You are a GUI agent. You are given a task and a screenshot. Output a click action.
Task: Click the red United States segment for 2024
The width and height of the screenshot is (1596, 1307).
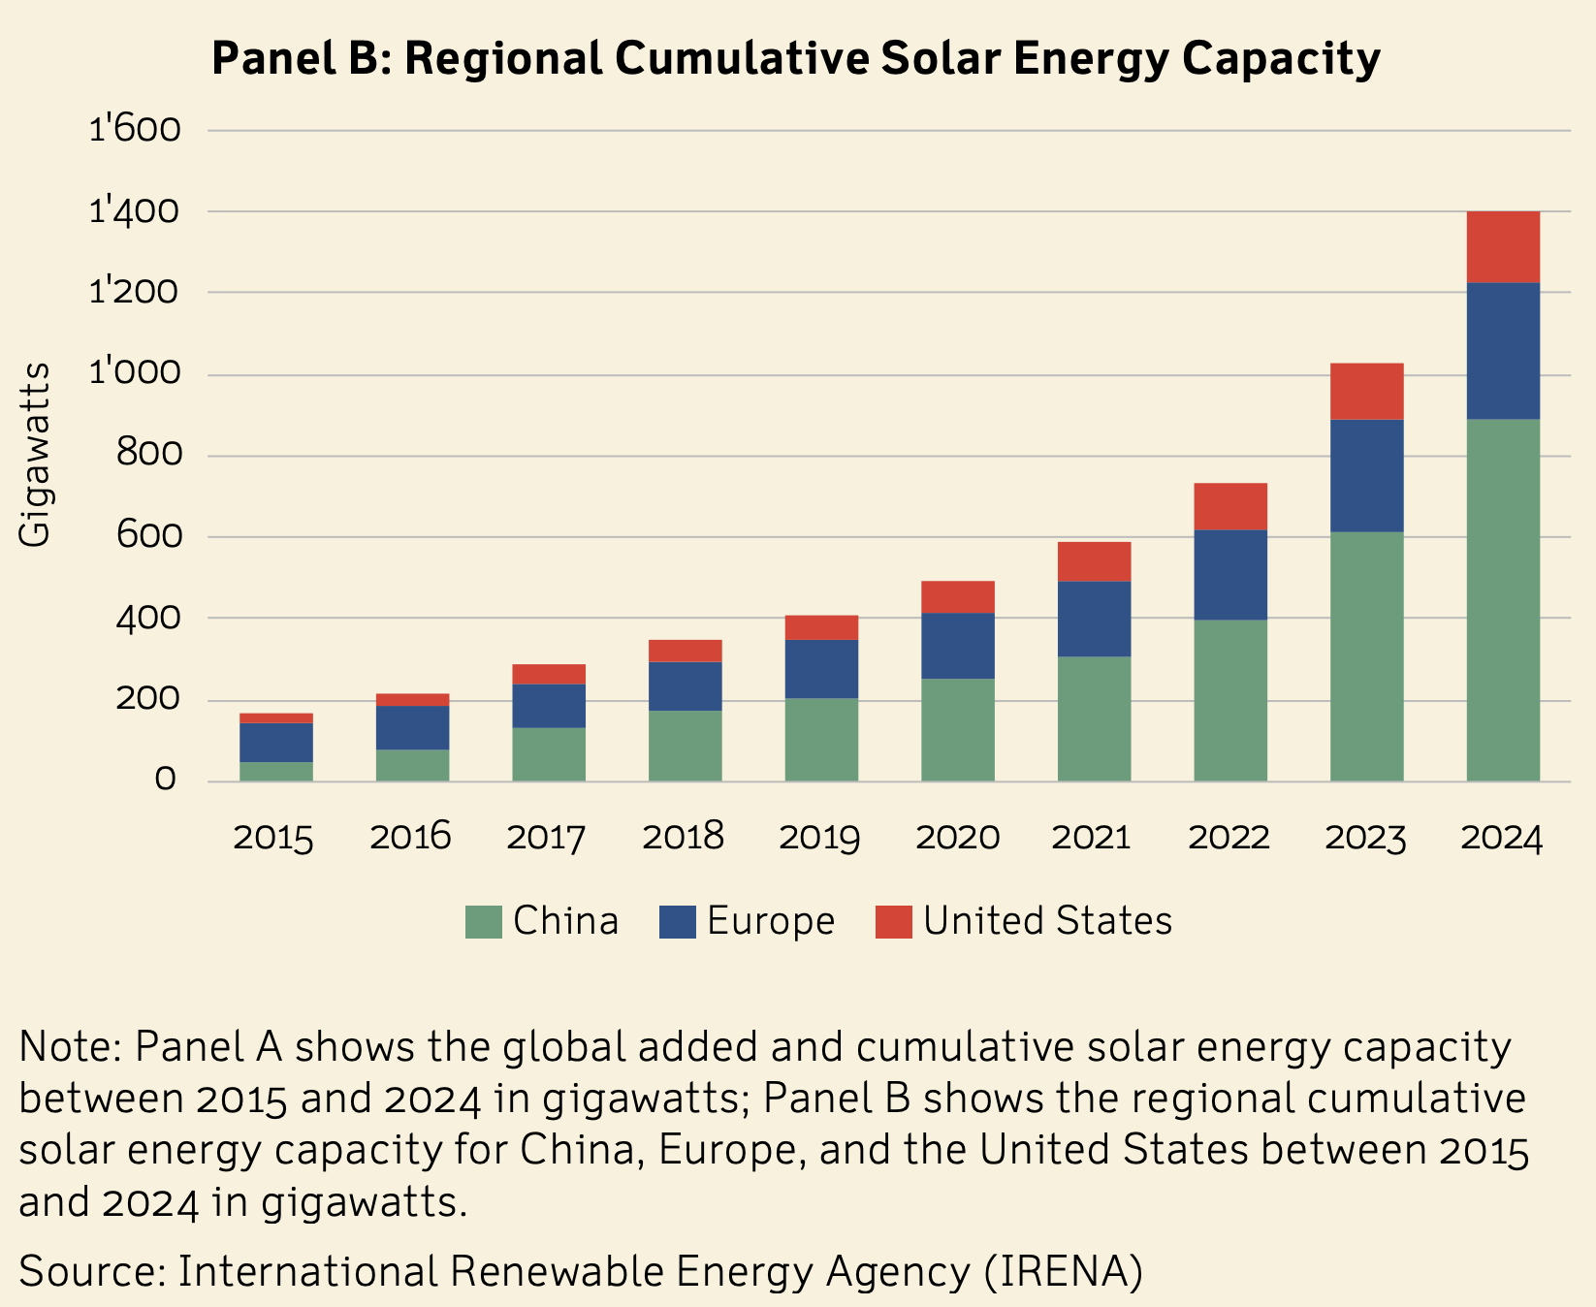(1503, 247)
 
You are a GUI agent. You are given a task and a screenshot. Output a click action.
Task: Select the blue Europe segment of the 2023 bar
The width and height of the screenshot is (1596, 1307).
(1366, 475)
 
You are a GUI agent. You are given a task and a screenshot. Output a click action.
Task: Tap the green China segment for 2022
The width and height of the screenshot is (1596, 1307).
(1230, 700)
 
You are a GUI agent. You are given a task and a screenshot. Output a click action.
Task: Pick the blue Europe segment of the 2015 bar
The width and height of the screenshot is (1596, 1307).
(276, 742)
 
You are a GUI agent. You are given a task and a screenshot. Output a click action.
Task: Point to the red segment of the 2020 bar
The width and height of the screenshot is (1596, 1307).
(958, 596)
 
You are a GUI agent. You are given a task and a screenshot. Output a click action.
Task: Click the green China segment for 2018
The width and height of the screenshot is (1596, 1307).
(686, 746)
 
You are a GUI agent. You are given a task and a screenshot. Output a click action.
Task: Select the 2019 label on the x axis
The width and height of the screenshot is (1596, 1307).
(820, 838)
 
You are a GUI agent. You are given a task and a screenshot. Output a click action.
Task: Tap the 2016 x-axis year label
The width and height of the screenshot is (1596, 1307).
(411, 838)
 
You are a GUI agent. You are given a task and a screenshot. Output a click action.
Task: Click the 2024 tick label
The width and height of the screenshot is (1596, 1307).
(1502, 838)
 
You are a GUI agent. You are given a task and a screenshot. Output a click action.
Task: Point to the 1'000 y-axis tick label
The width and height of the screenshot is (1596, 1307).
(135, 373)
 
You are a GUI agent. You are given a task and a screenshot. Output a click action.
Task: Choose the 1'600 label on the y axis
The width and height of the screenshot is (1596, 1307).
(135, 129)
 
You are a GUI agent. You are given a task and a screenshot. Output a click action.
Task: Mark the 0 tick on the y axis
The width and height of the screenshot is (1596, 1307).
(165, 780)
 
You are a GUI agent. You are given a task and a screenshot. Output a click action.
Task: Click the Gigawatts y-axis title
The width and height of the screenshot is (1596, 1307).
(36, 455)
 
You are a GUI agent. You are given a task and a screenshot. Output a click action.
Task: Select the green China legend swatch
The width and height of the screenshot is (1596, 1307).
(484, 921)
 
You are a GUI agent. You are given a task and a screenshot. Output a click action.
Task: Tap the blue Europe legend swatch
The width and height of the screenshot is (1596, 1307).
(678, 921)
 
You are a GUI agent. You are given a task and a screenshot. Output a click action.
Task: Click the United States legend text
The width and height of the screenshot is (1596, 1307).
(1047, 921)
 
